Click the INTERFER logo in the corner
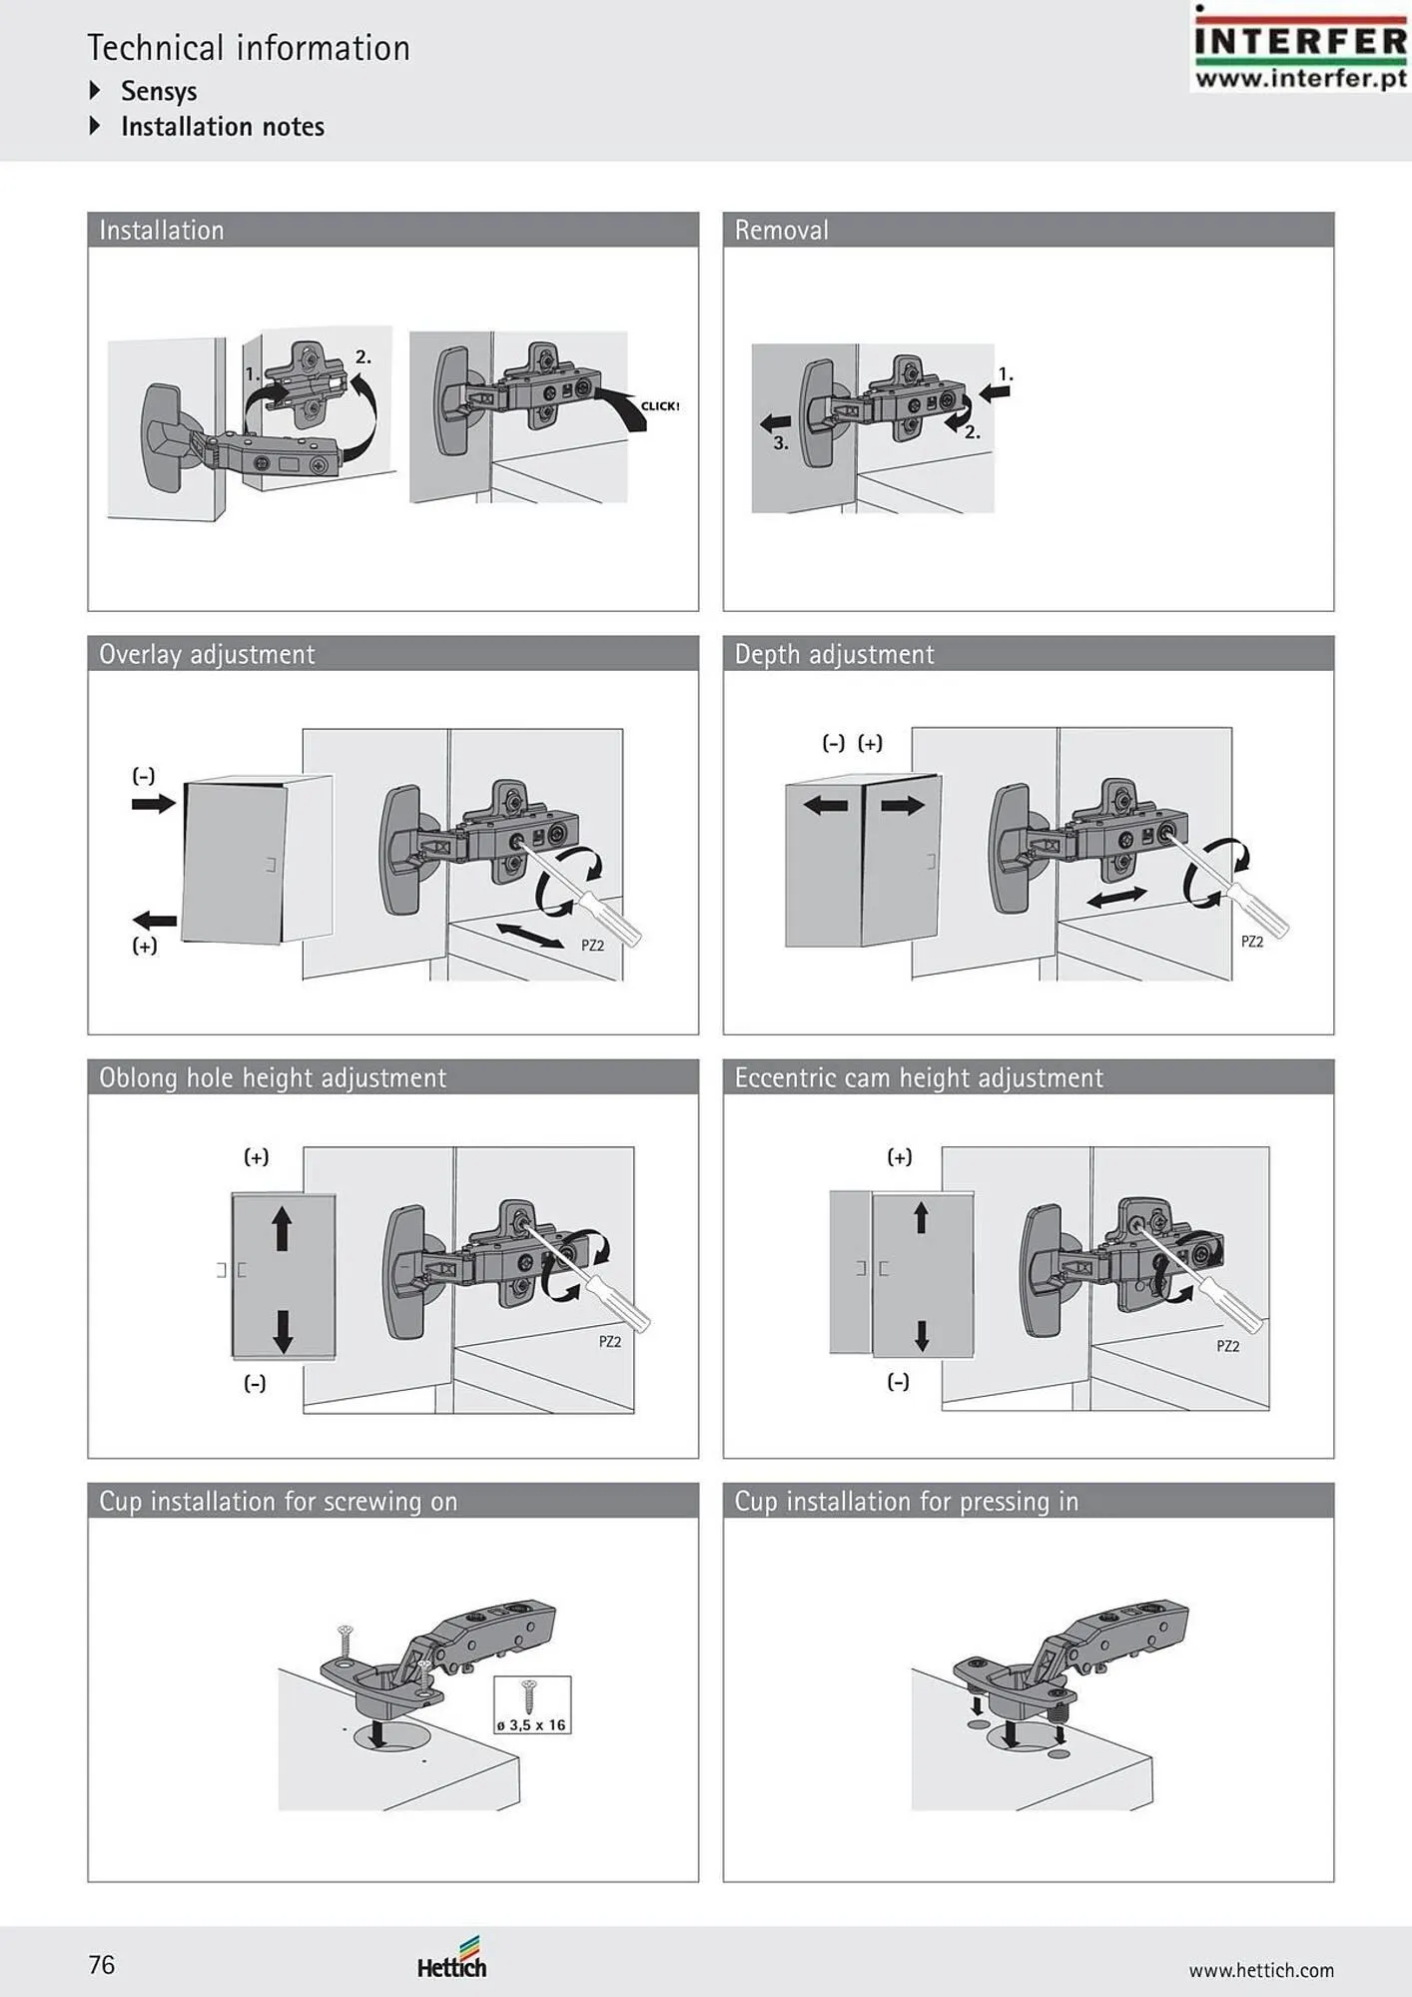1300,48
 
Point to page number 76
102,1965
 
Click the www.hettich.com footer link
1261,1970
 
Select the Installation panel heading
162,231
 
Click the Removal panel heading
782,231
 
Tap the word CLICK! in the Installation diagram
660,406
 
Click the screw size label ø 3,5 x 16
531,1725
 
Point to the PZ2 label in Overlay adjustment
593,945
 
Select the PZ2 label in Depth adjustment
1252,942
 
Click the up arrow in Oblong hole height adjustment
282,1227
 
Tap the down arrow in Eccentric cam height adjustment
922,1335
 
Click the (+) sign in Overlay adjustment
145,946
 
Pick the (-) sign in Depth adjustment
834,743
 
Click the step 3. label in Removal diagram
781,443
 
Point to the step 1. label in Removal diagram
1006,374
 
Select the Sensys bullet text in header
159,91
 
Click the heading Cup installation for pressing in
907,1502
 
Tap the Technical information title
249,48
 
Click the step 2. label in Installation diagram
363,356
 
